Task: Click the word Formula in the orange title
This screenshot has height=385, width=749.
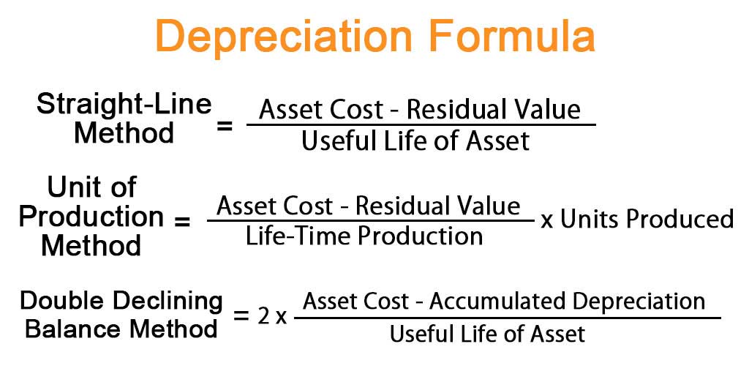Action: coord(511,37)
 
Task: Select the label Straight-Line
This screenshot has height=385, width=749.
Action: coord(124,105)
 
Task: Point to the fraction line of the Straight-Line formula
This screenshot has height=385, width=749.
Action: coord(421,124)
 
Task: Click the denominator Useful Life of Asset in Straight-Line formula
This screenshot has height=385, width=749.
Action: coord(415,141)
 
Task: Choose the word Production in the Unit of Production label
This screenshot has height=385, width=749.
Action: coord(91,217)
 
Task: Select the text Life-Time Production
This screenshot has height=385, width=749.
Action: coord(364,235)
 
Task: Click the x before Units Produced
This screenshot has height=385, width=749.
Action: coord(546,220)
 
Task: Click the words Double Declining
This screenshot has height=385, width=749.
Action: coord(121,301)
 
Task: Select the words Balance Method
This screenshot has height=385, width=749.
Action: coord(121,328)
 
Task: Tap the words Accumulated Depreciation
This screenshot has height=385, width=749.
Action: coord(567,302)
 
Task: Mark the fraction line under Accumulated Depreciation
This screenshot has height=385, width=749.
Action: coord(507,317)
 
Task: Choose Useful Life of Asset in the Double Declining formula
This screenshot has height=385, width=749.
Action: coord(487,334)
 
